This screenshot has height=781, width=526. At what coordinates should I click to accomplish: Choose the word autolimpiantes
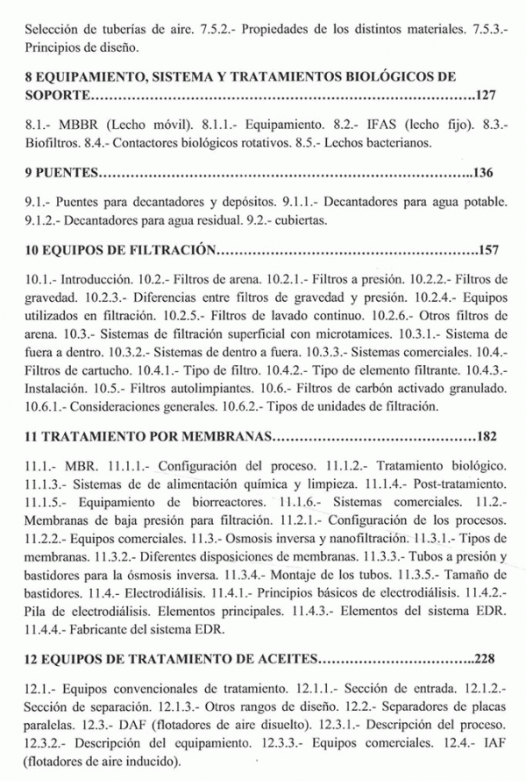tap(186, 389)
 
